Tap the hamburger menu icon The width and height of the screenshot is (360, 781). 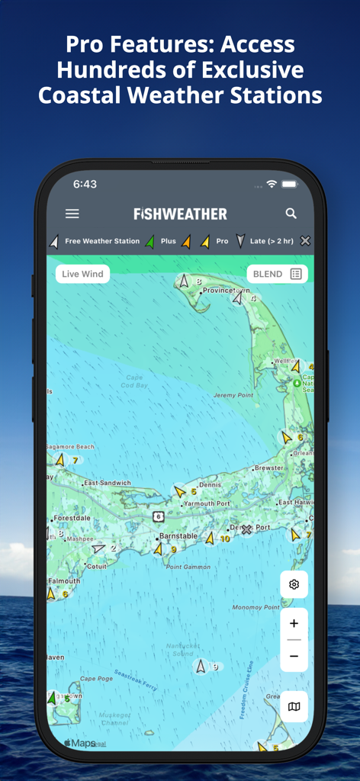click(x=72, y=214)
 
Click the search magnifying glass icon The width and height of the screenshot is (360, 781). click(x=291, y=214)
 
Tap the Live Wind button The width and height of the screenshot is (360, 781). click(x=82, y=274)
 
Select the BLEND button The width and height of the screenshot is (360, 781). click(x=277, y=274)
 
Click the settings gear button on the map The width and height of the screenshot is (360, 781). click(x=294, y=585)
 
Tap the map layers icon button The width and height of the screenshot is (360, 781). click(x=294, y=707)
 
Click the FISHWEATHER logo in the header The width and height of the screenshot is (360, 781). click(x=180, y=214)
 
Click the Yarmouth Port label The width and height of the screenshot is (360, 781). click(x=207, y=503)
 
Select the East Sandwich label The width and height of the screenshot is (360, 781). click(x=108, y=483)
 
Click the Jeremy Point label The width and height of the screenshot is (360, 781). click(x=233, y=395)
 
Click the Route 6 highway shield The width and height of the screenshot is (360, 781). click(x=158, y=516)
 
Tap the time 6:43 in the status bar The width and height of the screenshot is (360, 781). click(x=85, y=185)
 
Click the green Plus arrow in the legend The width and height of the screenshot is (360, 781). click(x=150, y=241)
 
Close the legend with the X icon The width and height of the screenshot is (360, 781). click(x=305, y=241)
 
